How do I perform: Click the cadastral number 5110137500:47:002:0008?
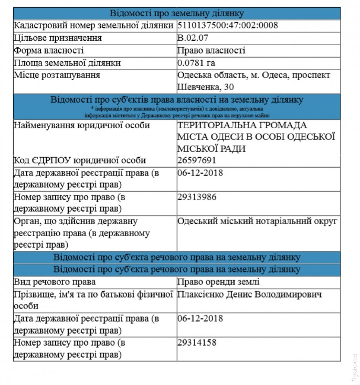(228, 26)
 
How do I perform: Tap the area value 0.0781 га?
(196, 63)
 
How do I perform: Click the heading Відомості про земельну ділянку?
(177, 13)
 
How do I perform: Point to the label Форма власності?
(49, 50)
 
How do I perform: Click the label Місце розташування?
(57, 75)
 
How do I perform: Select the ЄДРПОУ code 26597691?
(197, 160)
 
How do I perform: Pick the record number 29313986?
(197, 197)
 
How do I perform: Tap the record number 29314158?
(197, 342)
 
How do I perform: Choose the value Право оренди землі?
(218, 282)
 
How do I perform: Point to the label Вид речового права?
(55, 282)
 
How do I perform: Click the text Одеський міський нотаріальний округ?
(257, 221)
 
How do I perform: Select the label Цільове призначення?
(58, 38)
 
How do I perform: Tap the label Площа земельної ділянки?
(67, 63)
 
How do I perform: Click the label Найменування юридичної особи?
(82, 126)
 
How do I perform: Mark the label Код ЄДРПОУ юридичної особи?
(80, 160)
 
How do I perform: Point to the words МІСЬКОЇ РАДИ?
(211, 149)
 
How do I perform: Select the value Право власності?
(211, 50)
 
